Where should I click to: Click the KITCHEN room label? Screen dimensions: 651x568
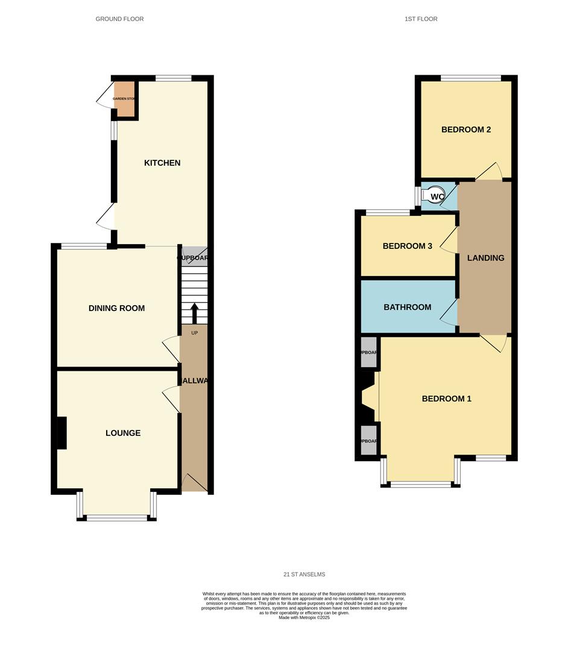coord(162,163)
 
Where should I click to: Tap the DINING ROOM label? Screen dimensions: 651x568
coord(116,308)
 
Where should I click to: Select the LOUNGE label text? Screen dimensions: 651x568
coord(123,433)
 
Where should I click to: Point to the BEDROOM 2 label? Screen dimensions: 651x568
coord(466,130)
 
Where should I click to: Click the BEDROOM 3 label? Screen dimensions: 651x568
coord(408,246)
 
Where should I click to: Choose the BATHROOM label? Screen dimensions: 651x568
coord(408,307)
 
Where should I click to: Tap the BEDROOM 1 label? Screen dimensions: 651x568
coord(446,398)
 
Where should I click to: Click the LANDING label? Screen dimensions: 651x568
coord(485,258)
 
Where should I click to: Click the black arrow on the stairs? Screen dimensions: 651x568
coord(194,313)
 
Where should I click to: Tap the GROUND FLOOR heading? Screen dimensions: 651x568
coord(119,19)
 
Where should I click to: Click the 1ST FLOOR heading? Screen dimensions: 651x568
coord(421,19)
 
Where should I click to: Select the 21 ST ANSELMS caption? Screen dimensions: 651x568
coord(304,574)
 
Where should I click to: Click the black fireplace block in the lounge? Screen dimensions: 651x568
coord(61,433)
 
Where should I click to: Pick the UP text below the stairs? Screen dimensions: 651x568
coord(194,333)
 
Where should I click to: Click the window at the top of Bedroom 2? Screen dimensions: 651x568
coord(470,78)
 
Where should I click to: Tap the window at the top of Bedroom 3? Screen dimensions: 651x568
coord(388,212)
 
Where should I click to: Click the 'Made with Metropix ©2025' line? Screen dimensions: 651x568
coord(304,618)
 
